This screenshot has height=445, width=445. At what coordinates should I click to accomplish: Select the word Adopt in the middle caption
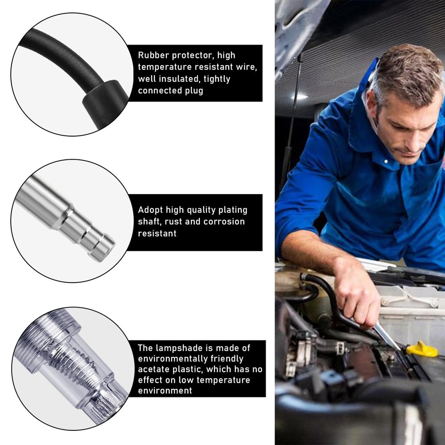point(150,210)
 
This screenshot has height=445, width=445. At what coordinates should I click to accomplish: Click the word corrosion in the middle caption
point(224,222)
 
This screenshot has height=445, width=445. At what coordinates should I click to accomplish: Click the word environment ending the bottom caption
point(165,391)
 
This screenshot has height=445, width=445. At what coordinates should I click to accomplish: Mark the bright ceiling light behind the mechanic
point(299,96)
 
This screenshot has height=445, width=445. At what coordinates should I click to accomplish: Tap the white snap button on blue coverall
point(385,161)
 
